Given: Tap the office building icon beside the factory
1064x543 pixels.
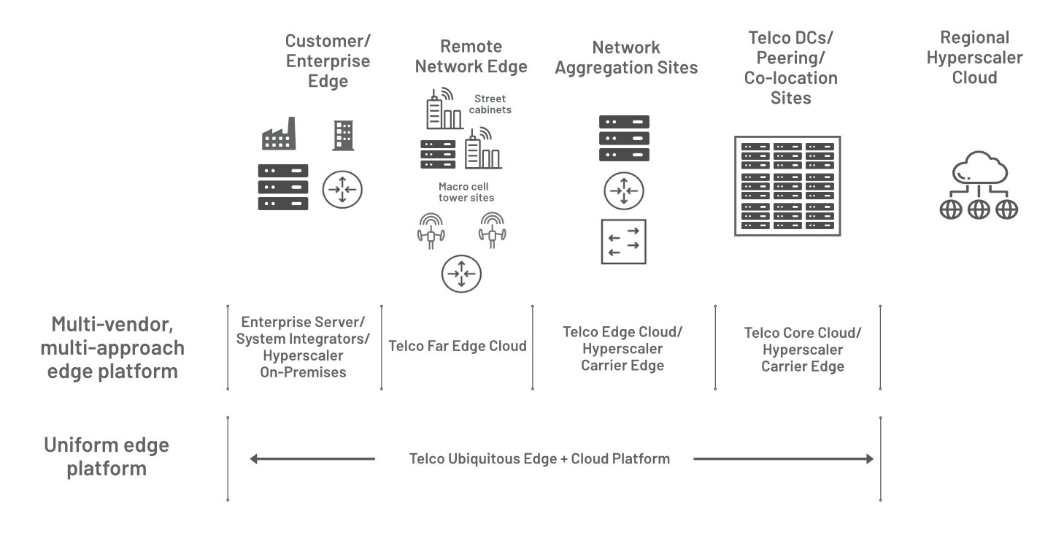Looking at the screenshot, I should (343, 135).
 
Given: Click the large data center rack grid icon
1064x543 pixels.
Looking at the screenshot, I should (787, 186).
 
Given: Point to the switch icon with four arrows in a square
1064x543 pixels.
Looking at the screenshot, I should (624, 241).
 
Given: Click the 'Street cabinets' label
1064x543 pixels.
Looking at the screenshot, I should (490, 104).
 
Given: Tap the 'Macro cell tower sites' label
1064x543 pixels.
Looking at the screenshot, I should (466, 192).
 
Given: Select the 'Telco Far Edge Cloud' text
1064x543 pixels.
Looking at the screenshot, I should (458, 346).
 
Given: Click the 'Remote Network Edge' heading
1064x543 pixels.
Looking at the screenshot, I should (471, 56).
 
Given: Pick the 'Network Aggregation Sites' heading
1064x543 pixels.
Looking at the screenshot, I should (626, 58).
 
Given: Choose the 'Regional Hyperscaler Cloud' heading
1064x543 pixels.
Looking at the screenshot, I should (974, 57).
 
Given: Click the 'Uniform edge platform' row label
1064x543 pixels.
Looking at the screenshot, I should (107, 456).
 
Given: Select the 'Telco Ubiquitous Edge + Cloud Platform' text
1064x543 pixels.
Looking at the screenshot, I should (539, 459).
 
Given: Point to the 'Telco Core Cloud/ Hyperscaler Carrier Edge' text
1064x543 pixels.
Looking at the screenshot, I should (803, 350).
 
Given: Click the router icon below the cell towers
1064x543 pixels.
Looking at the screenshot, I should (461, 274).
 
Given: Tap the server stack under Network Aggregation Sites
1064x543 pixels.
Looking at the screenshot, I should (624, 139).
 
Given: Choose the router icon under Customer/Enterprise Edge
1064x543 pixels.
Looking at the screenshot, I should (342, 190).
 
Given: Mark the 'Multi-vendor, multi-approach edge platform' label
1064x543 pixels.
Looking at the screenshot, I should (112, 347).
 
